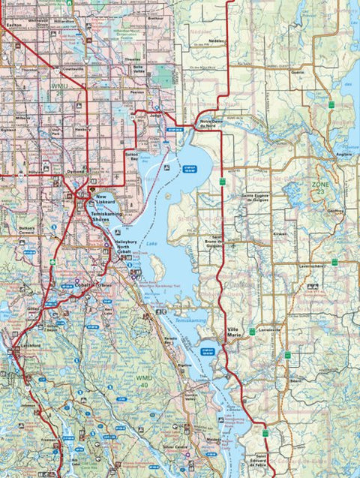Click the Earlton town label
pyautogui.click(x=13, y=24)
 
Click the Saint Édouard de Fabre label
pyautogui.click(x=260, y=461)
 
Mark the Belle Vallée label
pyautogui.click(x=137, y=68)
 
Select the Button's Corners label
pyautogui.click(x=28, y=228)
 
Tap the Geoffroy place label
pyautogui.click(x=336, y=211)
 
